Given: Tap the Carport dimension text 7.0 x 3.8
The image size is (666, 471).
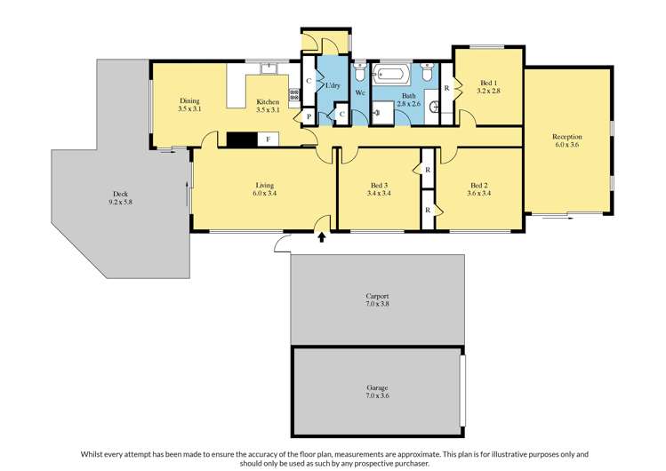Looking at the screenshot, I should click(377, 304).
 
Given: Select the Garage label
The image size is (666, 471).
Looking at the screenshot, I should click(377, 388).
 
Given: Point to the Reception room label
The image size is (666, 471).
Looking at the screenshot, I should click(567, 137).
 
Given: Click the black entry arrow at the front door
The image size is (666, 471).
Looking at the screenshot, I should click(322, 236).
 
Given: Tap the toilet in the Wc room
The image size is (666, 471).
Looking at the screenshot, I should click(360, 71).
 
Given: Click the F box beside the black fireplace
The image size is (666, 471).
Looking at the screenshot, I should click(269, 139).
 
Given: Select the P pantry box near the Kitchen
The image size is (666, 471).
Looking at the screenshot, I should click(308, 116).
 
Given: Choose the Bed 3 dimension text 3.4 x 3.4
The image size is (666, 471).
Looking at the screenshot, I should click(379, 193).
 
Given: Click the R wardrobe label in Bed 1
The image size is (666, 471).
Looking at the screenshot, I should click(447, 87).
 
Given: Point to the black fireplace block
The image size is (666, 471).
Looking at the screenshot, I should click(241, 139).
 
